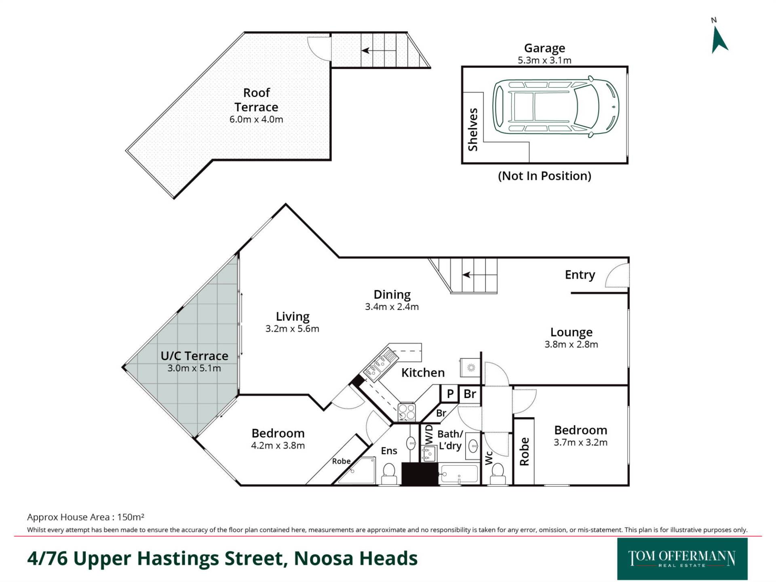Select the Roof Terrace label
tap(256, 100)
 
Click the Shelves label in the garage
tap(472, 129)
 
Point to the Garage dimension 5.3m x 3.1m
tap(544, 61)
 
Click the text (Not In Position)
tap(544, 176)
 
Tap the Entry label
tap(580, 275)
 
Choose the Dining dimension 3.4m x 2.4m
tap(392, 307)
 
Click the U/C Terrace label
tap(194, 356)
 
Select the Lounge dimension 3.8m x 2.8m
tap(571, 344)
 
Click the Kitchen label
tap(423, 373)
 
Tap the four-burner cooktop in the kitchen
tap(407, 412)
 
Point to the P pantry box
tap(449, 394)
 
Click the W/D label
tap(429, 434)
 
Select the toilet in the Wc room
tap(498, 474)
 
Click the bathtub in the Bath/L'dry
tap(459, 474)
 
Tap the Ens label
tap(389, 451)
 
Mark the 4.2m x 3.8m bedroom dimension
tap(278, 446)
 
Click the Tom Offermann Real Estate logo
tap(682, 559)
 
